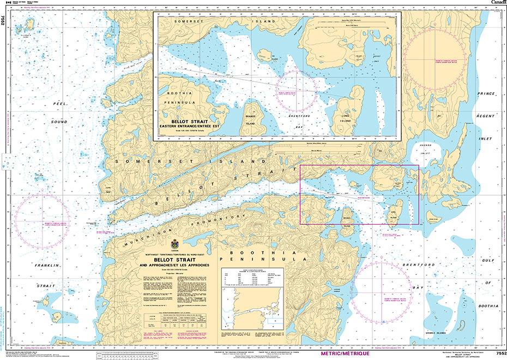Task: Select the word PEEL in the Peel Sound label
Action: [59, 103]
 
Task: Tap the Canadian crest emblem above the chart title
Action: [174, 244]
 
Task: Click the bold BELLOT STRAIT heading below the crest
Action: [175, 260]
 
